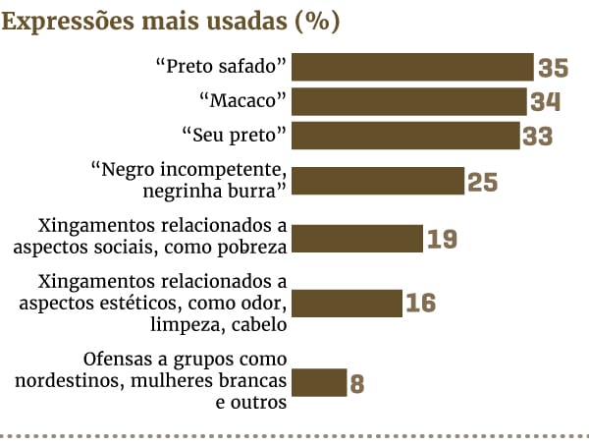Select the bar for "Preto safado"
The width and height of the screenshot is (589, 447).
coord(412,67)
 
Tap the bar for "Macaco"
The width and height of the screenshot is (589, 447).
coord(409,101)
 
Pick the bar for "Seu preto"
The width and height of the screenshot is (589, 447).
coord(405,136)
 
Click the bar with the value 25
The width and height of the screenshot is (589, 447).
coord(378,181)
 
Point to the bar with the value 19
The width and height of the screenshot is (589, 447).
coord(357,238)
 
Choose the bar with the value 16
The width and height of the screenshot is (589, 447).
coord(348,302)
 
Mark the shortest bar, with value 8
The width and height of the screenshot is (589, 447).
coord(320,382)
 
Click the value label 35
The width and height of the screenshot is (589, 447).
coord(554,68)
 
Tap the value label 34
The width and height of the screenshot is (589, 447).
coord(545,102)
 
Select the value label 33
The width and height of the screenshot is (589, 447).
coord(538,137)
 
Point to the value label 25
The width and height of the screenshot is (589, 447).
coord(483,182)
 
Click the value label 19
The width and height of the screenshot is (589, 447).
coord(443,239)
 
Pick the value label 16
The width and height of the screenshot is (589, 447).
coord(421,303)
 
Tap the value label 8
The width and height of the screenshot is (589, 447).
coord(357,383)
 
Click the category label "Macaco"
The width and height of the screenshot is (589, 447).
coord(241,100)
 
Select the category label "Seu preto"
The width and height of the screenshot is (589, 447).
coord(234,135)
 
